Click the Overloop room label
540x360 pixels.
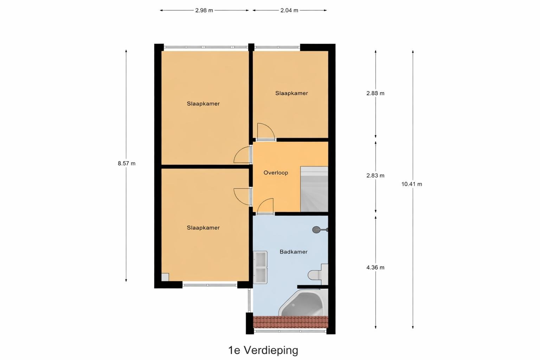coord(276,173)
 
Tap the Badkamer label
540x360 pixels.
coord(294,252)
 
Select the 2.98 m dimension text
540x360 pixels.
coord(204,10)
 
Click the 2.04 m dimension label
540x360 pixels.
coord(289,10)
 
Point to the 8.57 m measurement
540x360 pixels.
coord(127,163)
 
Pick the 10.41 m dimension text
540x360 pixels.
coord(412,184)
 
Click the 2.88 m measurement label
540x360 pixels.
coord(375,93)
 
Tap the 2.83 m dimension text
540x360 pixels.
coord(375,175)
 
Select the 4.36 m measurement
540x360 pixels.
coord(375,268)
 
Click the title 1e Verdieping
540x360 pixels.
coord(263,350)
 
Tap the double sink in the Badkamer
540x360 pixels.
coord(260,267)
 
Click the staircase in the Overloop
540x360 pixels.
coord(314,189)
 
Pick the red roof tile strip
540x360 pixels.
coord(290,322)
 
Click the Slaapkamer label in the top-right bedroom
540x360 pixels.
coord(291,93)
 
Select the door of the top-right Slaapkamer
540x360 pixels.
coord(266,131)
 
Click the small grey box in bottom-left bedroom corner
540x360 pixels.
coord(165,277)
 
